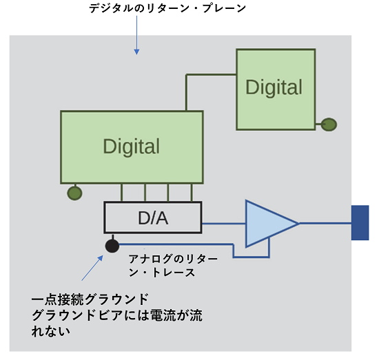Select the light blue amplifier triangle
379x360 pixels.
coord(268,224)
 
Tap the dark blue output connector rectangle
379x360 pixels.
coord(360,222)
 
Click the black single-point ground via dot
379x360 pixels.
coord(112,246)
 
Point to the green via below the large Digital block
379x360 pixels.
coord(74,193)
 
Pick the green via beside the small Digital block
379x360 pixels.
coord(329,125)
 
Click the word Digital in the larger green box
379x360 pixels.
coord(131,147)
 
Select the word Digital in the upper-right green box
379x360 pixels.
coord(274,87)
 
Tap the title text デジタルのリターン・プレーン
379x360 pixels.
coord(167,8)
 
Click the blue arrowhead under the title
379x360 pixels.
coord(136,52)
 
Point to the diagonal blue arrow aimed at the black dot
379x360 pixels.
coord(92,268)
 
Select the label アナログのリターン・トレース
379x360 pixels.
coord(173,266)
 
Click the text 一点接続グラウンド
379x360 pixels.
coord(90,299)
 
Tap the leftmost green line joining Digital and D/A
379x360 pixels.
coord(121,193)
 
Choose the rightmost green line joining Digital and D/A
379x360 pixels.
coord(192,193)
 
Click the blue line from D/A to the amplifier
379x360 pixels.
coord(224,224)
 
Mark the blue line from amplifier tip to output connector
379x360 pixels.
coord(325,223)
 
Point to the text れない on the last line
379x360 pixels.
coord(51,331)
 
